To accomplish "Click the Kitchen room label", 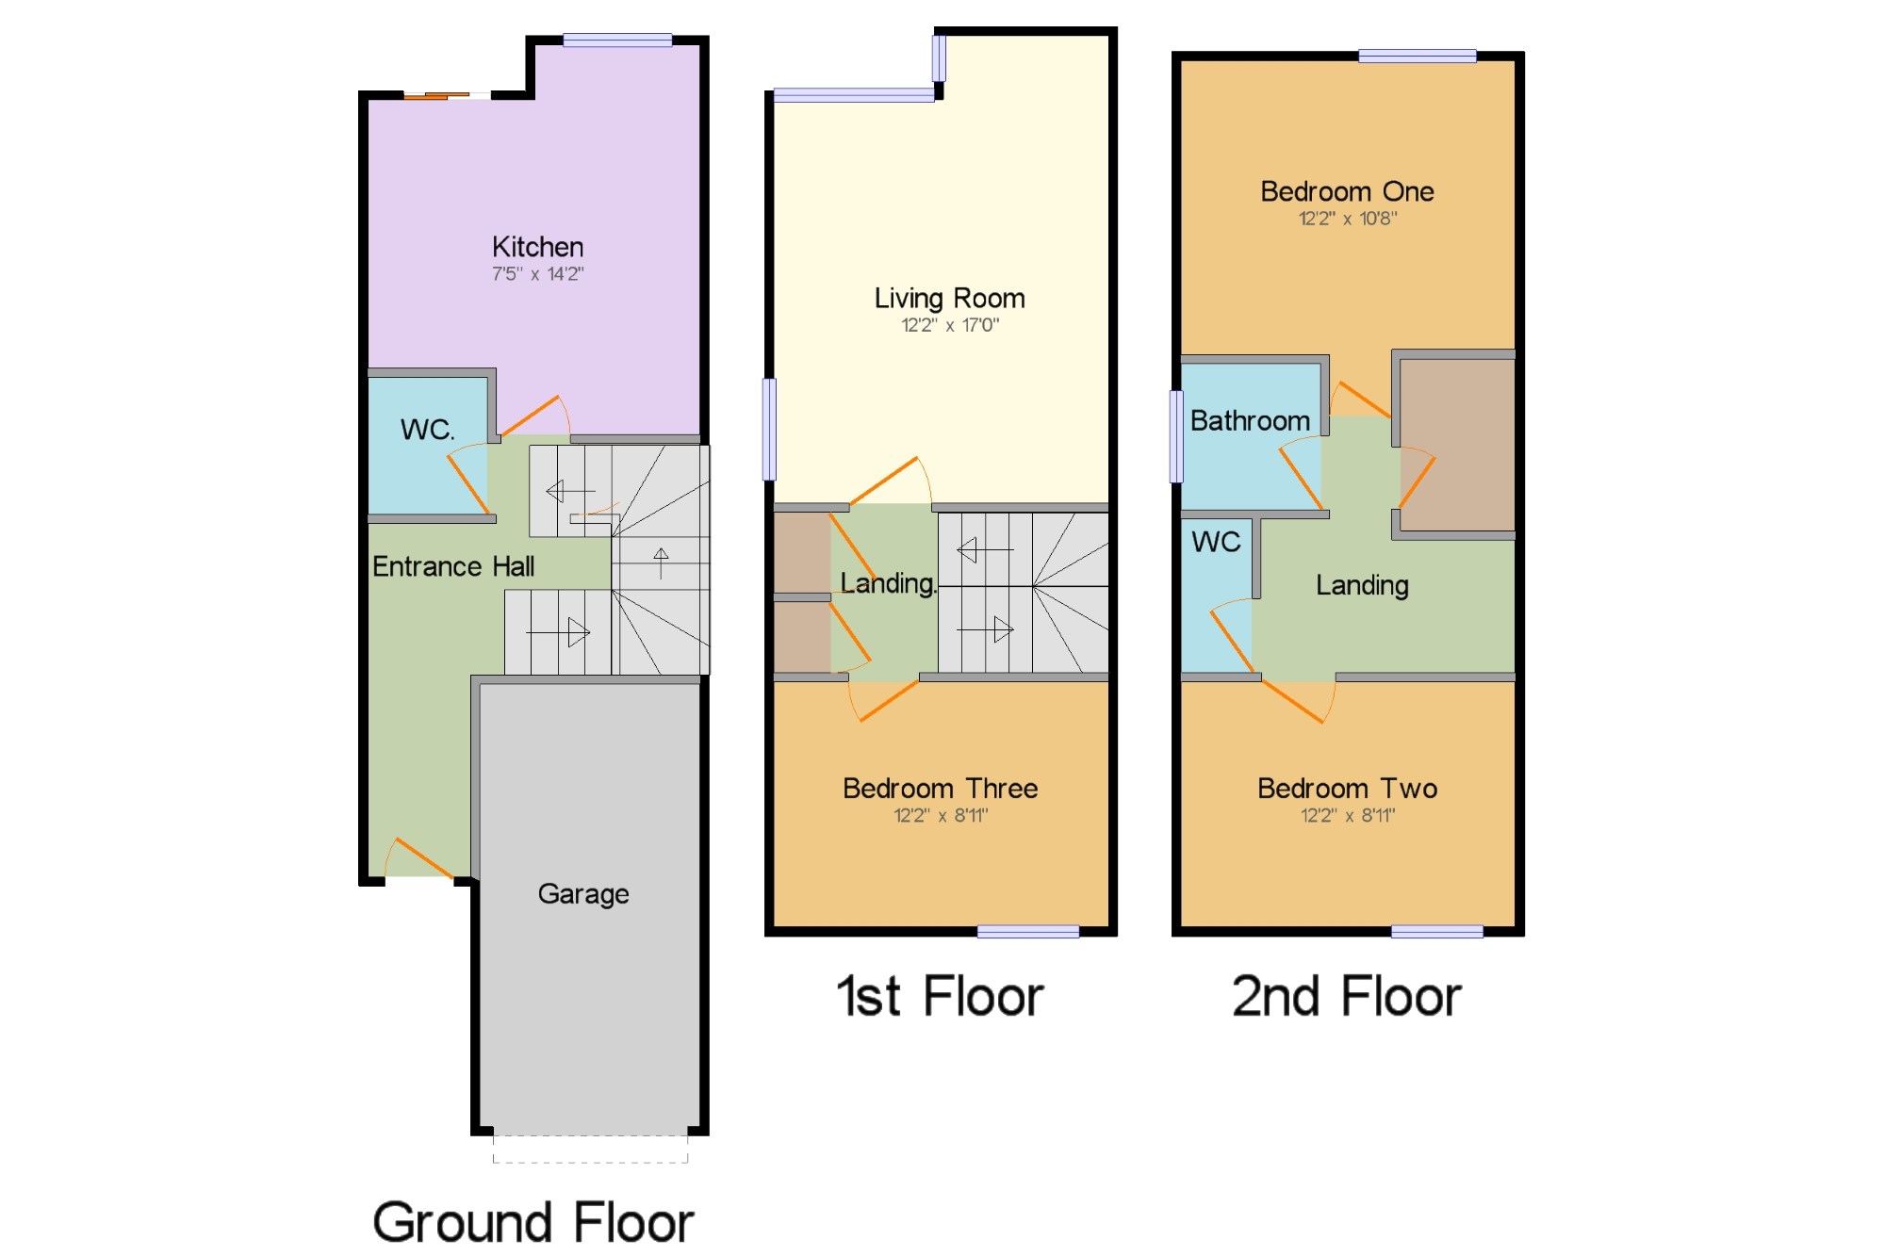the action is point(537,247).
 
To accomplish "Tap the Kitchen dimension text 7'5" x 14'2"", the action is point(537,274).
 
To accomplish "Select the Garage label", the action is point(583,894).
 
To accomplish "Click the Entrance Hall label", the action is point(453,566).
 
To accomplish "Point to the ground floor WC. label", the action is point(427,430).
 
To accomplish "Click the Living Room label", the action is point(949,299).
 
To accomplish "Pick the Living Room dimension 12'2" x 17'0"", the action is point(949,325).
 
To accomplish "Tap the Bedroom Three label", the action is point(940,789).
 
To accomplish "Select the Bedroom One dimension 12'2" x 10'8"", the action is point(1347,219).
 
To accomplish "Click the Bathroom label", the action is point(1250,421).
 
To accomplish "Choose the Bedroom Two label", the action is point(1347,789).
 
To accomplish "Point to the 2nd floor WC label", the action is point(1216,543).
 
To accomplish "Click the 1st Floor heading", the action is point(940,997).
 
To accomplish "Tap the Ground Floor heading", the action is point(533,1222).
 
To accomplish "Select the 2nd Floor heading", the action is point(1346,997).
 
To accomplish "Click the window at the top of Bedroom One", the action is point(1417,57).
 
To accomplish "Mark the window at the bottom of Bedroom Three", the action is point(1027,932).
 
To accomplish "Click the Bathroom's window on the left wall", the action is point(1176,436).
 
